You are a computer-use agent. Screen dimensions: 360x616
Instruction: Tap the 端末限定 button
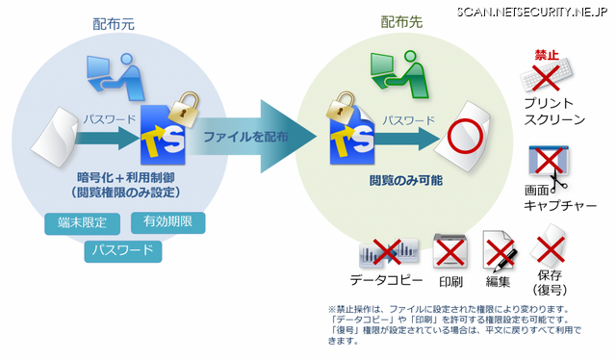click(82, 223)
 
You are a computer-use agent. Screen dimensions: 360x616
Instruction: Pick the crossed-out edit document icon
click(500, 251)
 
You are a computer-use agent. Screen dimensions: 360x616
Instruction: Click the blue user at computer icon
click(115, 77)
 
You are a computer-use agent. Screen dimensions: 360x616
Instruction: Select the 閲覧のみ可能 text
click(405, 180)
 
